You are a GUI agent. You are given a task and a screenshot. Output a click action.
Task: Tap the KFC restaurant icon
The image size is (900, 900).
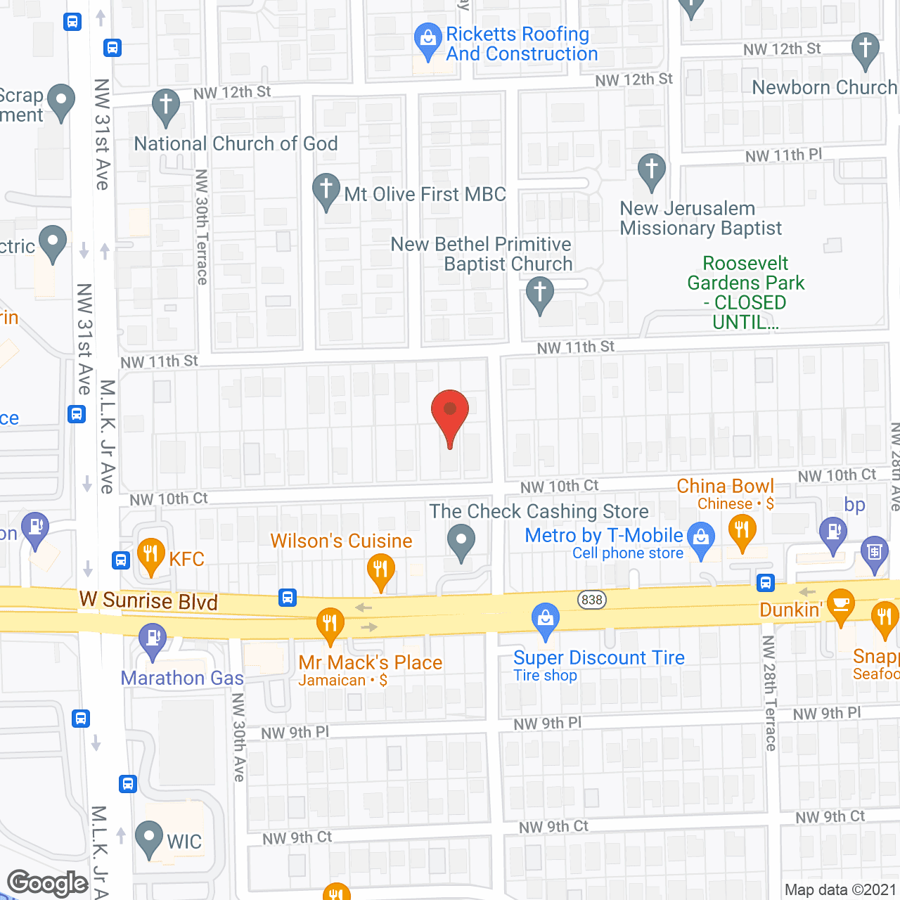point(151,554)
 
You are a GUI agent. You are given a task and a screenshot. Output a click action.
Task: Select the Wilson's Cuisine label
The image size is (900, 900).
point(341,541)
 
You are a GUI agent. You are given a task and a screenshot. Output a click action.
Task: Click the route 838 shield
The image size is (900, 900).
point(592,600)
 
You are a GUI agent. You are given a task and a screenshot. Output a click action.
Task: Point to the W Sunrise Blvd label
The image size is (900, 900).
point(148,600)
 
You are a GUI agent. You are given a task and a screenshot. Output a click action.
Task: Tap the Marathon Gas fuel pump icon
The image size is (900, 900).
point(152,639)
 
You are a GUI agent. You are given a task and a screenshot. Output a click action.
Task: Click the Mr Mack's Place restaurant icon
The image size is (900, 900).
point(330,623)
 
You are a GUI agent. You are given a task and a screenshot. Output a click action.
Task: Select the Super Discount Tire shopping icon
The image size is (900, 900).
point(545,619)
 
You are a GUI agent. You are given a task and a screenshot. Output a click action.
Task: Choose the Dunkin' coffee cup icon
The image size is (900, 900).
point(840,604)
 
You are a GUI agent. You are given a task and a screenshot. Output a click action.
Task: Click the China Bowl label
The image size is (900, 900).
point(725,486)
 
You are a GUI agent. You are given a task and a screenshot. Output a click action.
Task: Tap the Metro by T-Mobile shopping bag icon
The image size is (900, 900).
point(700,537)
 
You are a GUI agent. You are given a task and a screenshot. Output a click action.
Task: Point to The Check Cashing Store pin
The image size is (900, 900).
point(461,541)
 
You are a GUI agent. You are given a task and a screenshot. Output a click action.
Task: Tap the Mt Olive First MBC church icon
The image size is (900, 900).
point(326,189)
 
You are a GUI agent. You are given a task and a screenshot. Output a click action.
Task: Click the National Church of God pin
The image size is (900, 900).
point(166,105)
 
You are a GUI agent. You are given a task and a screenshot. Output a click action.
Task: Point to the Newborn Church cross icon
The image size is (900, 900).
point(865,49)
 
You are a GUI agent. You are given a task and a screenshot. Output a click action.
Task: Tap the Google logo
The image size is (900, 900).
point(48,883)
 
